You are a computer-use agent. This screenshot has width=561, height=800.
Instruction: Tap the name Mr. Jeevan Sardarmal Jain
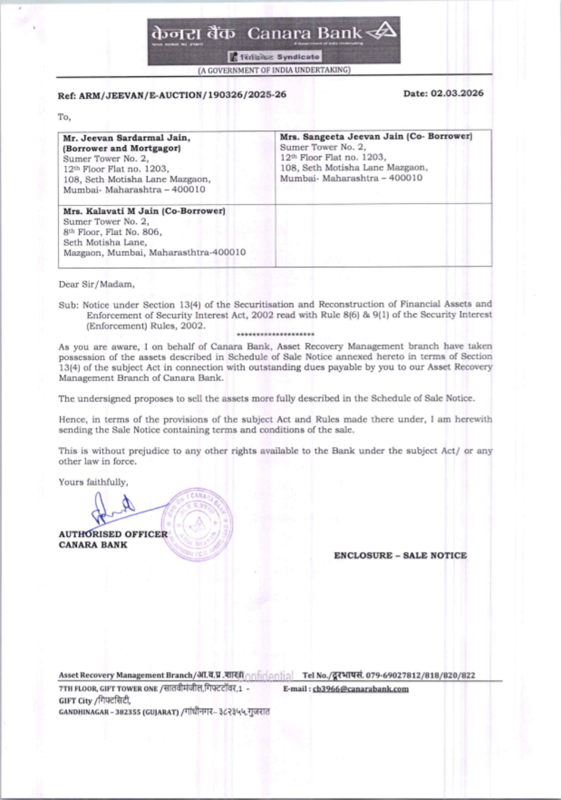click(x=127, y=138)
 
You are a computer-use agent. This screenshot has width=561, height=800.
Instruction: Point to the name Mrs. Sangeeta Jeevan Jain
click(x=342, y=136)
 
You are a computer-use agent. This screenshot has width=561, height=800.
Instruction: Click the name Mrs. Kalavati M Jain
click(x=112, y=211)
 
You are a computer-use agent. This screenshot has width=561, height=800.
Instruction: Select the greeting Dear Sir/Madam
click(x=96, y=284)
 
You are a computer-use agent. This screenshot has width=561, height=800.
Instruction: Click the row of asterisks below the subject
click(x=275, y=335)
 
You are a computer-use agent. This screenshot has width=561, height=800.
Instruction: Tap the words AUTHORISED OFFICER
click(x=113, y=534)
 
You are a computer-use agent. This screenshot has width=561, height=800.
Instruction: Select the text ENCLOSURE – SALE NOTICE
click(x=400, y=555)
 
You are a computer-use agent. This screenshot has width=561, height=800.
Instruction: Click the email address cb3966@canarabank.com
click(x=361, y=689)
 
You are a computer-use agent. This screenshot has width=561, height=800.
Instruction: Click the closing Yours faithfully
click(x=93, y=482)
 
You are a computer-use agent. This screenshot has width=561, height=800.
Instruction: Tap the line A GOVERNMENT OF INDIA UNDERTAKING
click(x=274, y=70)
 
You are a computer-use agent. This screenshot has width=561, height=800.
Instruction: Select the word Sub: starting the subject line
click(x=68, y=304)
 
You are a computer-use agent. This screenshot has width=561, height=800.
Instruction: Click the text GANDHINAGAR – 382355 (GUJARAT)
click(x=119, y=712)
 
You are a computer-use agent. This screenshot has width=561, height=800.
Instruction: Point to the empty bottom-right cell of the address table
click(x=383, y=235)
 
